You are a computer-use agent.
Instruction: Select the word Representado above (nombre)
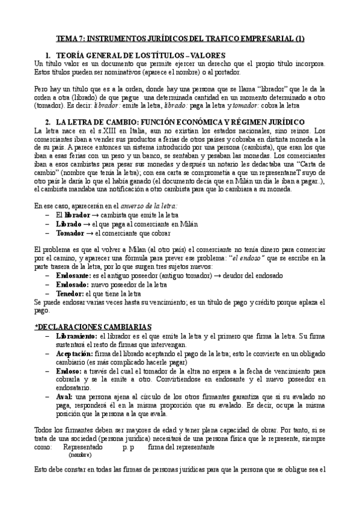pos(85,447)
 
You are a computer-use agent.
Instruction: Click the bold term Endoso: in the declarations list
pos(69,372)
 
